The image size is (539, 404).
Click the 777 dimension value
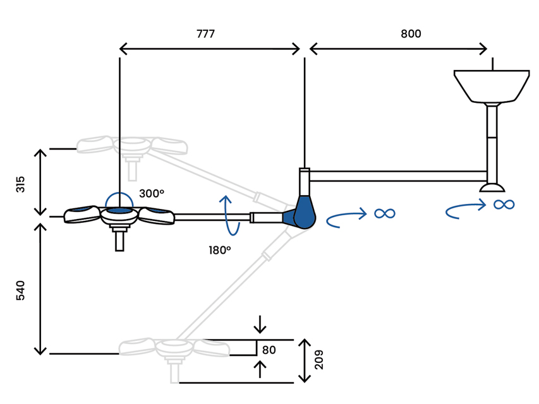205,34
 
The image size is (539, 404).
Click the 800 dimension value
411,34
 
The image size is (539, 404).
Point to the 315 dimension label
21,184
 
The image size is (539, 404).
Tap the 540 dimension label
21,290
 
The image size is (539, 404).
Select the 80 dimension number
269,350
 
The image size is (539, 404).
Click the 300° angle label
152,194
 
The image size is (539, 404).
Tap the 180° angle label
219,250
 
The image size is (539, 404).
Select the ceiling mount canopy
492,85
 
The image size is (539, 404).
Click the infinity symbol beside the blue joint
384,213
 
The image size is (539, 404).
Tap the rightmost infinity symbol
504,204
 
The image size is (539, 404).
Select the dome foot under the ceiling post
492,187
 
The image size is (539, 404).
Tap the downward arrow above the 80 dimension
260,325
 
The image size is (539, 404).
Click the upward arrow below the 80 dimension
260,369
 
